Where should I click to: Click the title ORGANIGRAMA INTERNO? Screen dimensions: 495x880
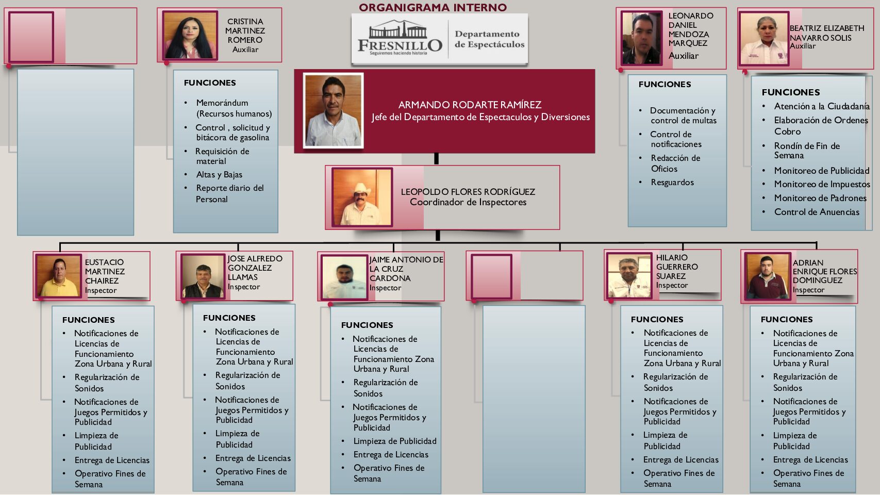point(433,7)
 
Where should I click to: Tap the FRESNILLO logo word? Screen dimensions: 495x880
point(400,45)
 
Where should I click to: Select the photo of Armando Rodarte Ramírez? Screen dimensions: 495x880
point(333,110)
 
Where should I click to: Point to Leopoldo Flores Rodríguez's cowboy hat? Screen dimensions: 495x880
point(361,189)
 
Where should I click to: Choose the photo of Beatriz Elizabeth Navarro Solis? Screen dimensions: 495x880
point(764,39)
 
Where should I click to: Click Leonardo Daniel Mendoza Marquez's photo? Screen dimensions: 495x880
point(641,39)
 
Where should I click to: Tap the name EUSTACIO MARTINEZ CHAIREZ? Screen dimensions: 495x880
point(105,272)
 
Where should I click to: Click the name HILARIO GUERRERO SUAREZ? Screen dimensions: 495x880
point(676,267)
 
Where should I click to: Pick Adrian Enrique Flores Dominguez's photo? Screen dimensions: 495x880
point(766,277)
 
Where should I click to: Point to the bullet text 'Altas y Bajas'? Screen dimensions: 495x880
point(219,175)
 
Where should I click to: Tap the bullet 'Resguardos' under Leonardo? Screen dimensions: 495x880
point(672,183)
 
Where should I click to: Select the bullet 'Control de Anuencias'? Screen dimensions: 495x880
point(817,212)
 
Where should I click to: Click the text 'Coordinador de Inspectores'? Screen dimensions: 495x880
point(468,202)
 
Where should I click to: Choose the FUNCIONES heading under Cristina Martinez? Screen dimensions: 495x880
point(210,83)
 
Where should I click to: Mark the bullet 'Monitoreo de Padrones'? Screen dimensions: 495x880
point(820,198)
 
